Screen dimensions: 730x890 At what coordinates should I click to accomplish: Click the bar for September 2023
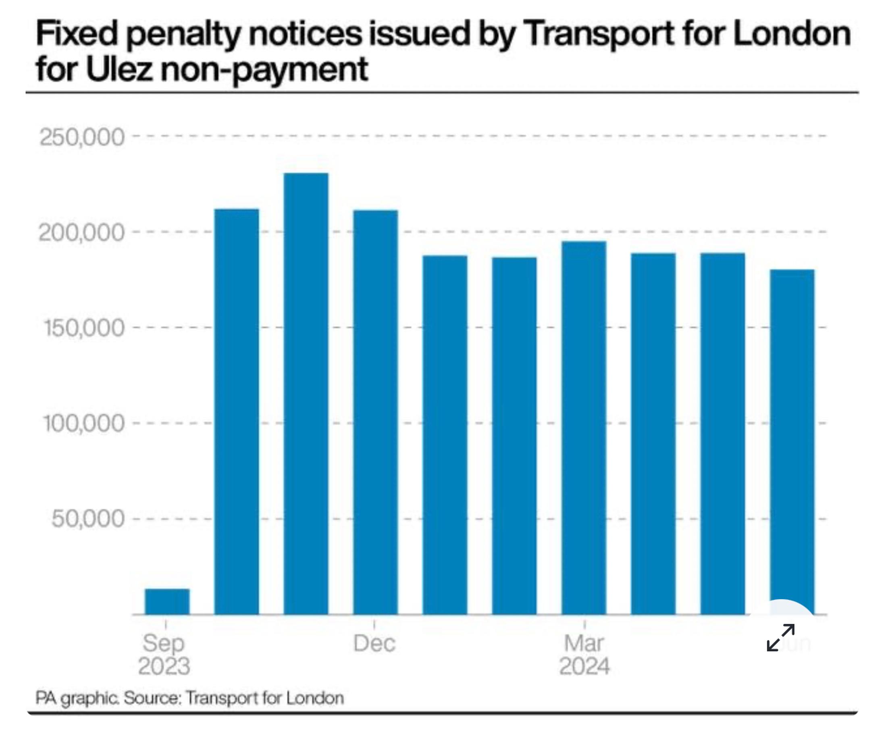pos(167,602)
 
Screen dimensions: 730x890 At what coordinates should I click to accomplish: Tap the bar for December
pos(375,412)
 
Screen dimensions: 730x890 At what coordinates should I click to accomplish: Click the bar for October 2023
pos(237,412)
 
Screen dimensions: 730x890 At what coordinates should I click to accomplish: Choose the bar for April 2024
pos(653,434)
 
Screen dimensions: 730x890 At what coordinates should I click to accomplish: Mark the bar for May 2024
pos(722,434)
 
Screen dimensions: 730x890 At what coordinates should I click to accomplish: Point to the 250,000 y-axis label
pos(82,137)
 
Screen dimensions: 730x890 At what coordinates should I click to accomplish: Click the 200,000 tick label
pos(82,233)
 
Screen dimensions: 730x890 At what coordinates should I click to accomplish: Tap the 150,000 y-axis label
pos(84,328)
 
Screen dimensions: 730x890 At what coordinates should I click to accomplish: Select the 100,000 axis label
pos(84,423)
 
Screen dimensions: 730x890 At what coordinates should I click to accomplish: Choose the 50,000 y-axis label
pos(88,519)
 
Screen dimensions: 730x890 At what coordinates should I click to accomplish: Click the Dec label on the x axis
pos(374,643)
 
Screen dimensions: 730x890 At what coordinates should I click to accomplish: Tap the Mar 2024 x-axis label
pos(584,654)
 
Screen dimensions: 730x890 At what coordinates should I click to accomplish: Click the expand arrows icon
pos(781,638)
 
